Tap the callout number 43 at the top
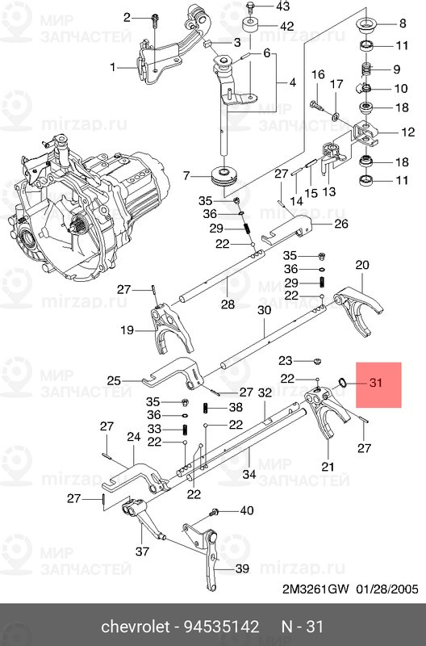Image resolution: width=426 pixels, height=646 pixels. pos(282,6)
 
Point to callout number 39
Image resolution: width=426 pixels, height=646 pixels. pos(242,570)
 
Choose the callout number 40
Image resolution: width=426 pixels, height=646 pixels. pos(246,510)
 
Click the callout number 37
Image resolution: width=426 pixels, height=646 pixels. pos(142,552)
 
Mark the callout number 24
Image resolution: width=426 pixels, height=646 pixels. pos(133,437)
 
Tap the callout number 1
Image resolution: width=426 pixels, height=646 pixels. pos(113,67)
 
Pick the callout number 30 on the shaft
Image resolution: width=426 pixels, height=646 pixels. pos(264,310)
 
